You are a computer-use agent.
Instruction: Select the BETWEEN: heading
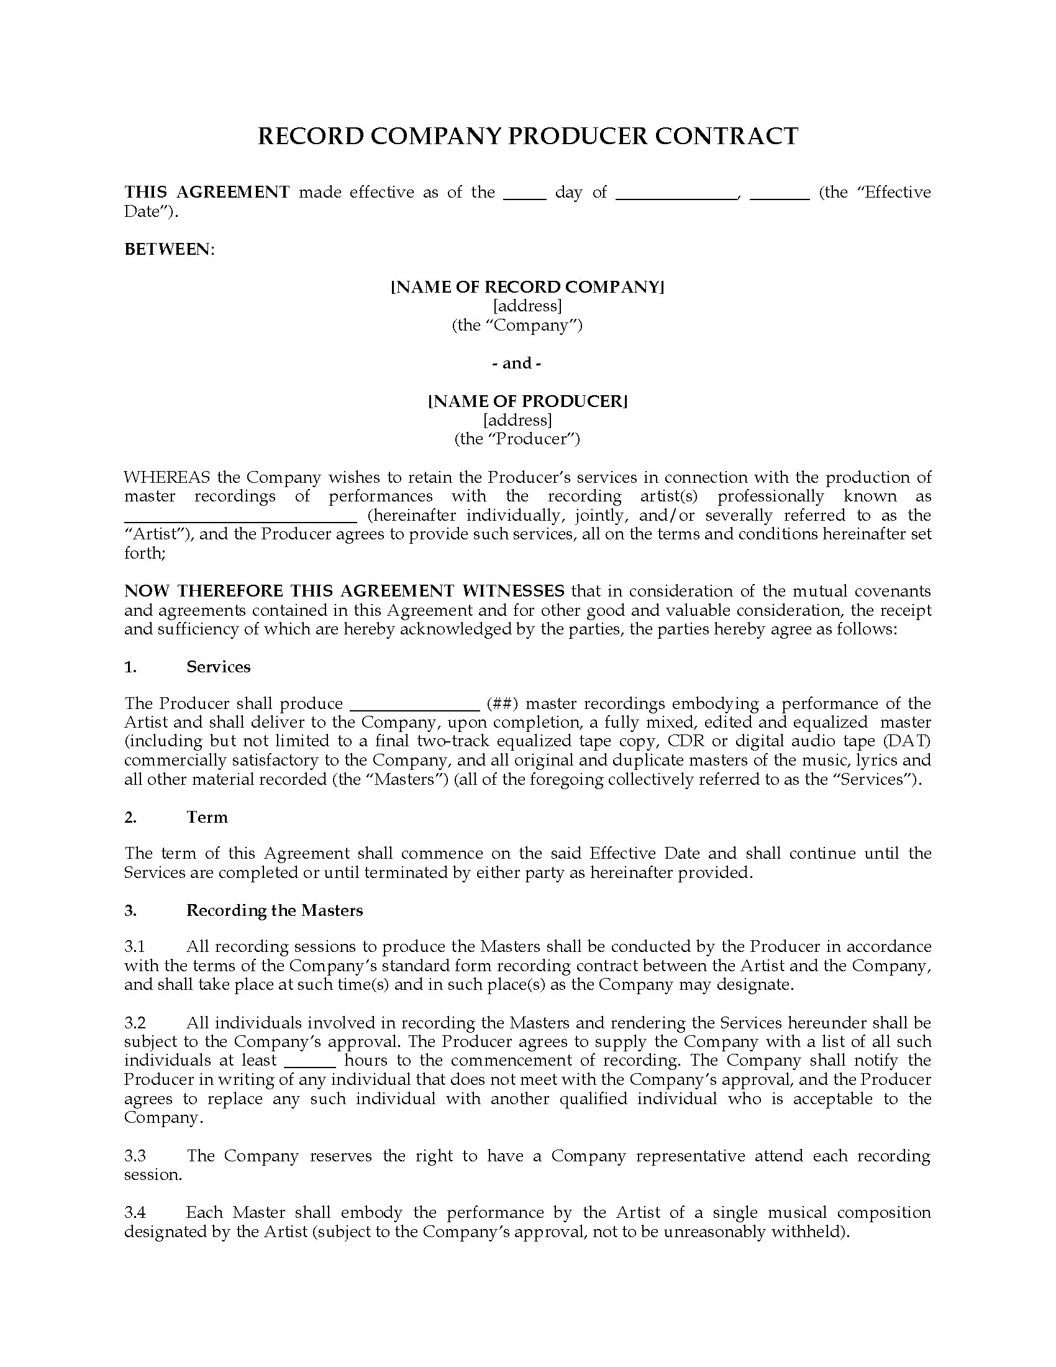click(169, 249)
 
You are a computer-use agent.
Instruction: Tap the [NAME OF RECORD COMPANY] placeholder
click(527, 286)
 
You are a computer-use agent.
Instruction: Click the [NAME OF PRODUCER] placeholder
click(527, 401)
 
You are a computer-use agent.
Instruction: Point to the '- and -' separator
click(517, 363)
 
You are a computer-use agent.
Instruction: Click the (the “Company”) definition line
click(517, 325)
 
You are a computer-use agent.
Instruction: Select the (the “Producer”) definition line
click(517, 439)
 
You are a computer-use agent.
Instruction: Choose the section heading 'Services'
click(218, 667)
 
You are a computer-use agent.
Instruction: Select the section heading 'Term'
click(207, 817)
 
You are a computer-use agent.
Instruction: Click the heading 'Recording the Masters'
click(275, 910)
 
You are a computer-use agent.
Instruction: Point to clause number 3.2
click(135, 1023)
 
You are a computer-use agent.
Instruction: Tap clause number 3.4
click(135, 1212)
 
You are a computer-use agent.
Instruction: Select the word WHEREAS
click(166, 477)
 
